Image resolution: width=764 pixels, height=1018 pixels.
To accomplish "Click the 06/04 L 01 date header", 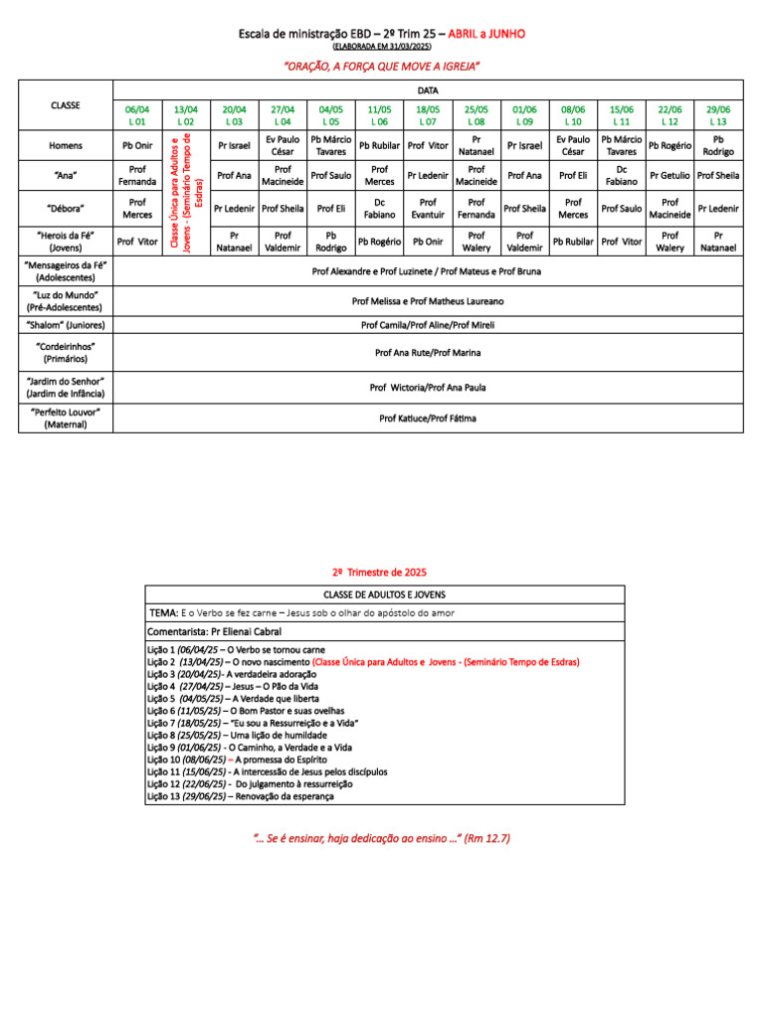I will tap(136, 114).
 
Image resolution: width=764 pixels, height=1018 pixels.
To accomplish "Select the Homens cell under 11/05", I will tap(379, 145).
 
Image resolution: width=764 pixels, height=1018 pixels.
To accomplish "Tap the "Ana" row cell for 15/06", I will tap(622, 176).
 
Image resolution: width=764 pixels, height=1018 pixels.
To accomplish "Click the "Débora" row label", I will tap(65, 208).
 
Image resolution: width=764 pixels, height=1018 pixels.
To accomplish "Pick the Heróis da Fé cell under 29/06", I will tap(718, 241).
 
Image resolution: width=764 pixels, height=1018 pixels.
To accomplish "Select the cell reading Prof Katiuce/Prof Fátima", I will tap(428, 419).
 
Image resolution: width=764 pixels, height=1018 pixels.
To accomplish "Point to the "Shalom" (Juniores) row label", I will tap(65, 324).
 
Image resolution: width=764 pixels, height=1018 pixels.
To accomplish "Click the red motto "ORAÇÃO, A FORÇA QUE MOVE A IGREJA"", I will tap(382, 66).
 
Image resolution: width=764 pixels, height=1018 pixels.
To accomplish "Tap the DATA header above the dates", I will tap(428, 90).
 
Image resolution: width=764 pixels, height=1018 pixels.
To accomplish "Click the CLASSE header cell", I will tap(65, 105).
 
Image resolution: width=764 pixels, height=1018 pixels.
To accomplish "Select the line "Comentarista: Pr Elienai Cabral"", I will tap(214, 631).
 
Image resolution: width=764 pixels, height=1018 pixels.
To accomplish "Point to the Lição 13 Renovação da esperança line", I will tap(241, 796).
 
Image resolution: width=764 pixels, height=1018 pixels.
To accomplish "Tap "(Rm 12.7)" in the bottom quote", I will tap(486, 839).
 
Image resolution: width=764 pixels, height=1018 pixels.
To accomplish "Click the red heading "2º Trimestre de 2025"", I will tap(378, 572).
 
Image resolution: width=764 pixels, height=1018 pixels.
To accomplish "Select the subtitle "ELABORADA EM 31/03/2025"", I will tap(382, 47).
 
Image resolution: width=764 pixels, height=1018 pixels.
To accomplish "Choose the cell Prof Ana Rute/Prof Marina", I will tap(428, 352).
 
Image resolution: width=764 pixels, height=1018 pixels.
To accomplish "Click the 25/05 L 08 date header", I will tap(477, 114).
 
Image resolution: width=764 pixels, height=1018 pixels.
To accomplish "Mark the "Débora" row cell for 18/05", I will tap(428, 208).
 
